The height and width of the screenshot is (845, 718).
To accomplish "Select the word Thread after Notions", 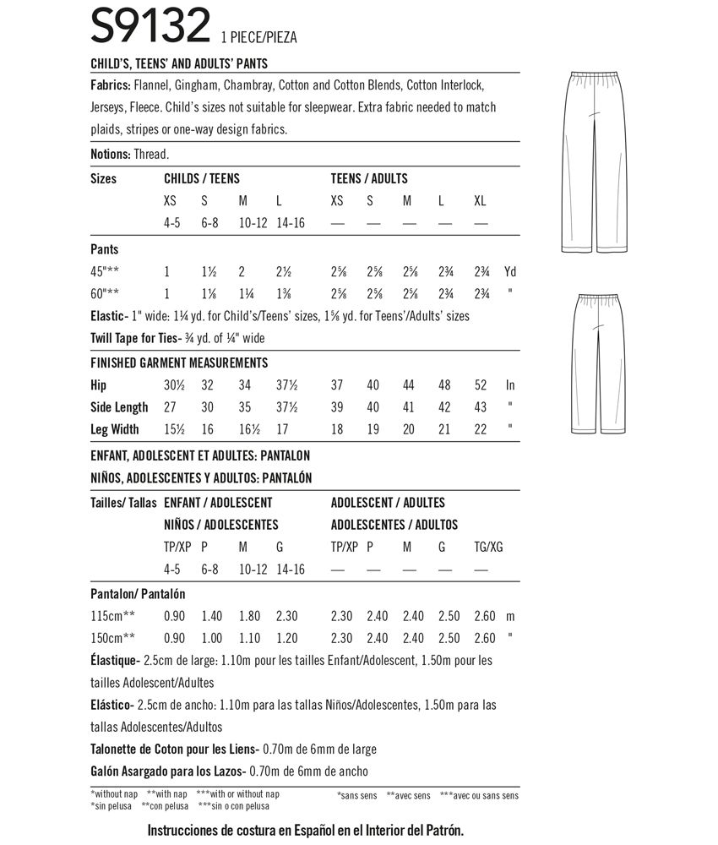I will (152, 154).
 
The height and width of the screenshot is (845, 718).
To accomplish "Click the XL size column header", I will (481, 202).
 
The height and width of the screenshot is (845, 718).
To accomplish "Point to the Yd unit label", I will (509, 273).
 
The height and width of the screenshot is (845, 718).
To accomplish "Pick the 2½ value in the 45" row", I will (284, 273).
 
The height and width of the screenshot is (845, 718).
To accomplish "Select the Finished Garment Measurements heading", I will (178, 363).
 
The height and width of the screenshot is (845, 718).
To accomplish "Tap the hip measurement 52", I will (481, 385).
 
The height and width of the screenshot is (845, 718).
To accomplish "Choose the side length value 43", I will (481, 407).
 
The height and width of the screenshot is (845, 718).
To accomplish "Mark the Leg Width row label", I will (114, 429).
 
